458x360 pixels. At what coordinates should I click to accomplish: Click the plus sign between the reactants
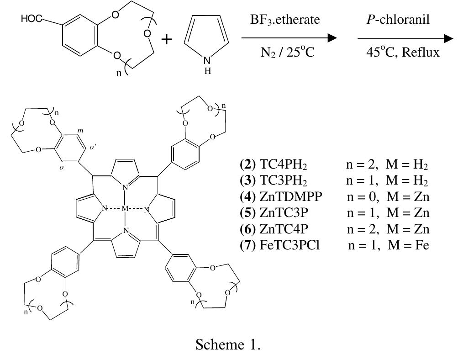point(167,39)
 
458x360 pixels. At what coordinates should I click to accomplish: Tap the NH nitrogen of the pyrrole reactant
point(207,61)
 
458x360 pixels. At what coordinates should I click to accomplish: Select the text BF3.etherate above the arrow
point(285,20)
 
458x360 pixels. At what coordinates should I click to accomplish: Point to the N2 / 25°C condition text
point(287,53)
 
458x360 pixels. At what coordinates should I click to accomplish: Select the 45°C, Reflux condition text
point(403,53)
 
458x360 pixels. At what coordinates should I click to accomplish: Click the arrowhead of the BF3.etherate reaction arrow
point(332,38)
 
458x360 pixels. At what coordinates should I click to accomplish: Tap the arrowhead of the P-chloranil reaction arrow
point(449,38)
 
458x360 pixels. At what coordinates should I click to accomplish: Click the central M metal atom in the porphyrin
point(125,209)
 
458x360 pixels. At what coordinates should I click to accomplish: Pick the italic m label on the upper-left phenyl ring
point(80,131)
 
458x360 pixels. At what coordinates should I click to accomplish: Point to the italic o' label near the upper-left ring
point(93,148)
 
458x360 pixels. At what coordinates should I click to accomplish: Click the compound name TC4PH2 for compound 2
point(283,165)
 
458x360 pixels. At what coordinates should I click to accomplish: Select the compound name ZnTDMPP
point(291,196)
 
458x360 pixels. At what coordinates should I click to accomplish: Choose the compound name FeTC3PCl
point(290,245)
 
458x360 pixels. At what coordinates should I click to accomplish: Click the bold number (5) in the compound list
point(247,213)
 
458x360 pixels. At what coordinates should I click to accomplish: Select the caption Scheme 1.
point(228,344)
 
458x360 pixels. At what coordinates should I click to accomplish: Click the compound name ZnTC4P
point(284,229)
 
